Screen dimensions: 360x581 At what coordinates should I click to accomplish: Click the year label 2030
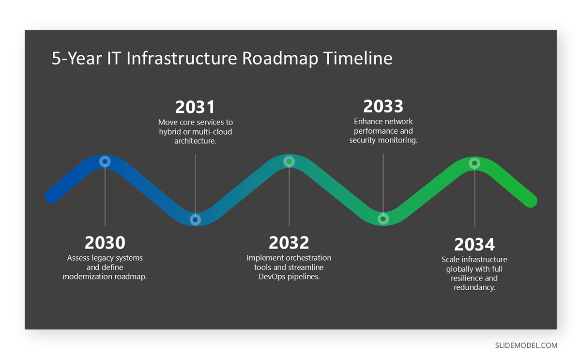pos(105,243)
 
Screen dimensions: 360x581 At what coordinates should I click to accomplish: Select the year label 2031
pos(195,107)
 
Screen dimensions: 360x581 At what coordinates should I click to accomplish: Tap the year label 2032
pos(289,243)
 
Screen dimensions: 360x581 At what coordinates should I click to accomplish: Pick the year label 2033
pos(383,106)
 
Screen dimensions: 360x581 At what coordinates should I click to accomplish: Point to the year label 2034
pos(474,244)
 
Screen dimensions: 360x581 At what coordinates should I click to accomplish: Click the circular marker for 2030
pos(105,161)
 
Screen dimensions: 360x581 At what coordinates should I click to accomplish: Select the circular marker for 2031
pos(195,219)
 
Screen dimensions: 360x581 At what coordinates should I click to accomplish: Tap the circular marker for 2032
pos(289,161)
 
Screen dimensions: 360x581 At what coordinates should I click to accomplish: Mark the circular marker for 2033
pos(383,219)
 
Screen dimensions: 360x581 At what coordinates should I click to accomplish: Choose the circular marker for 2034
pos(474,163)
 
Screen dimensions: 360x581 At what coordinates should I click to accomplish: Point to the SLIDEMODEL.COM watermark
pos(526,345)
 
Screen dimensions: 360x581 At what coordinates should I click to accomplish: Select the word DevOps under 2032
pos(271,277)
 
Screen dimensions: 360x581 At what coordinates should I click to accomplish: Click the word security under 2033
pos(364,140)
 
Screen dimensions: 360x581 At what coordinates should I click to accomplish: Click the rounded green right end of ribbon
pos(531,201)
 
